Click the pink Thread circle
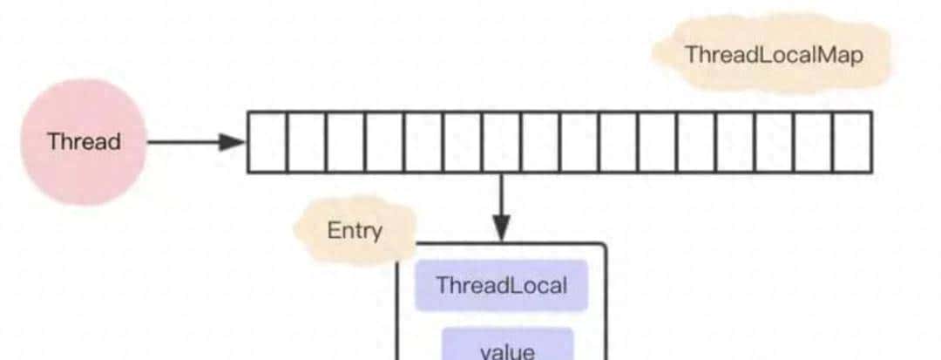84,142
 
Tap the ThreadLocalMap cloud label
773,55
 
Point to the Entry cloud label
355,232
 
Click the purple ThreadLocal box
501,285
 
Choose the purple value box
507,347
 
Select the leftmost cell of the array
267,142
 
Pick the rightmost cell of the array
852,142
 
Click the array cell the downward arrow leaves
501,142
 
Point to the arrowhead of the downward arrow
501,228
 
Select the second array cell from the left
306,142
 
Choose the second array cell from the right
813,142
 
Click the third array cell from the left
345,142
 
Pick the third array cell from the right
774,142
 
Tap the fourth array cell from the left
384,142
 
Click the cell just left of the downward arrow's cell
462,142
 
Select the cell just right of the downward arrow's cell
540,142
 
